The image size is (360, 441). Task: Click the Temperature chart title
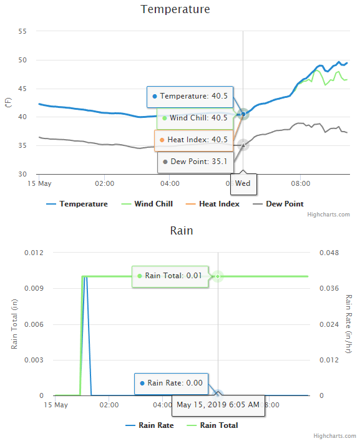pos(175,9)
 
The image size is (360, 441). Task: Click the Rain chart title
pos(182,231)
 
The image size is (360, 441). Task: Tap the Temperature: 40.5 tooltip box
pos(190,97)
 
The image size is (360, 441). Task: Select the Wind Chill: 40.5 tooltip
pos(195,118)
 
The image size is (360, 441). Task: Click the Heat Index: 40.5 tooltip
pos(193,140)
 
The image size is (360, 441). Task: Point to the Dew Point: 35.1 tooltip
pos(195,162)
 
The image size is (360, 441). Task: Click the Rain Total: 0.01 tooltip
pos(169,276)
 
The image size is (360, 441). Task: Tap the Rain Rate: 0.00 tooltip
pos(171,383)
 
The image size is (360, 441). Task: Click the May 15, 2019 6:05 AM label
pos(218,405)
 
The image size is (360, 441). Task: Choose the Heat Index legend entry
pos(213,204)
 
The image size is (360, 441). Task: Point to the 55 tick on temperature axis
pos(22,32)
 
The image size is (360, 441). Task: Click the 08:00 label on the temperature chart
pos(301,184)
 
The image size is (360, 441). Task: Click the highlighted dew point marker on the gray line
pos(243,145)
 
